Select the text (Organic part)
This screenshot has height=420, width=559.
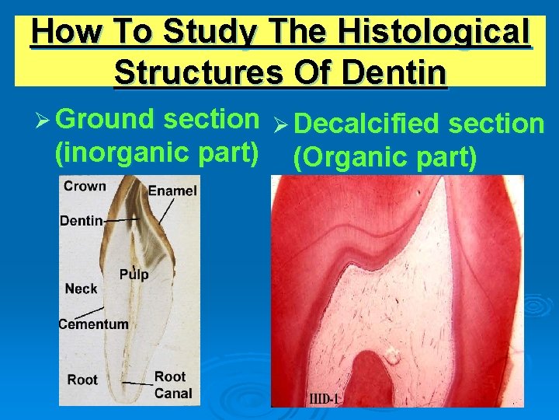pos(384,157)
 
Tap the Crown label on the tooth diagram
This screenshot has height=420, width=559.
pos(85,187)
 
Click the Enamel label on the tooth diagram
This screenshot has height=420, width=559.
pos(172,191)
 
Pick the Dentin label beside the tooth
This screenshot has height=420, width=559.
pos(81,221)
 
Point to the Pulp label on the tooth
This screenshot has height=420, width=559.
pos(134,275)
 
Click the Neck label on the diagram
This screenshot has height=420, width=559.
pos(82,289)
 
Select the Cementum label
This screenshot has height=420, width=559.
pos(94,324)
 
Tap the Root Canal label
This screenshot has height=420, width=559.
pos(172,385)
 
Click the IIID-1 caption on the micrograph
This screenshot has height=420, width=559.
pos(325,399)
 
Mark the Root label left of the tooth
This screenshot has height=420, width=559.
pos(82,380)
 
